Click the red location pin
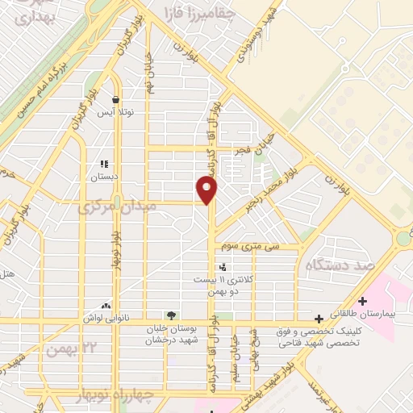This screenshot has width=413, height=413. pyautogui.click(x=208, y=190)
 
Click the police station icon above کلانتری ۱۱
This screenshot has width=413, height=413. pyautogui.click(x=222, y=267)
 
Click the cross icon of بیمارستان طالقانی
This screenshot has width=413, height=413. pyautogui.click(x=364, y=300)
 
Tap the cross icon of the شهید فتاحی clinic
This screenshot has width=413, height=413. pyautogui.click(x=319, y=318)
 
